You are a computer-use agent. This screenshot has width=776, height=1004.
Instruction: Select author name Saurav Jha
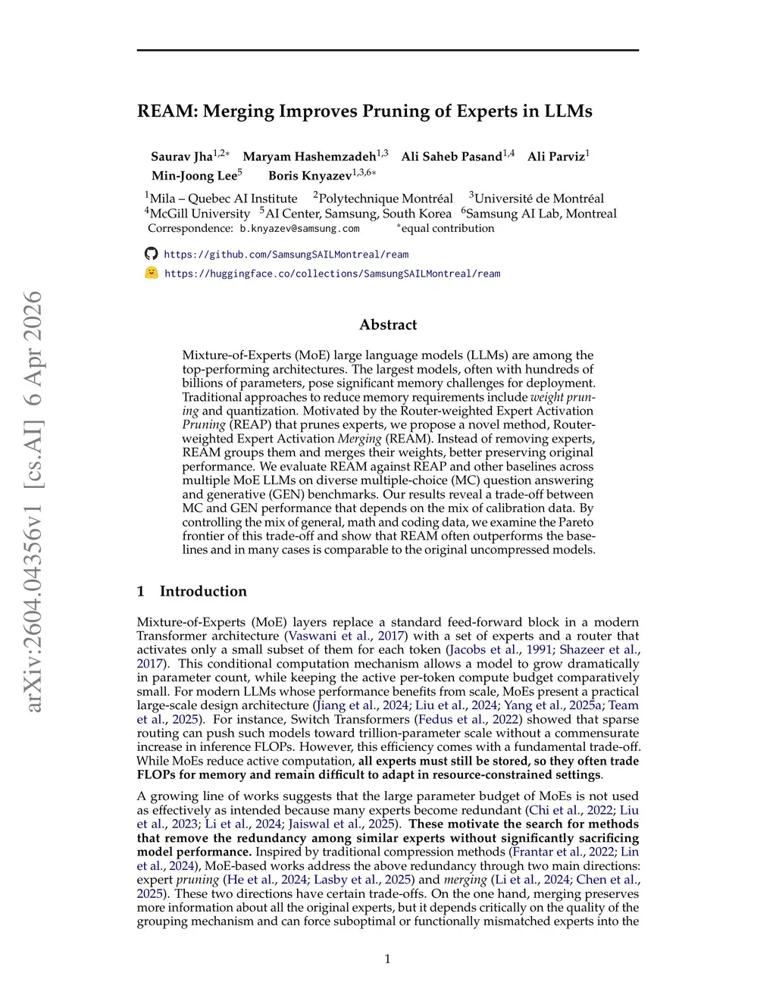(182, 157)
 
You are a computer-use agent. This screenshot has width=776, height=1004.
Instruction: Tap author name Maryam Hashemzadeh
(309, 157)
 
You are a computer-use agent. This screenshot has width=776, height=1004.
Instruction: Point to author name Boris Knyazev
(310, 176)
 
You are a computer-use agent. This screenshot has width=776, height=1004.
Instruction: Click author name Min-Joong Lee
(194, 176)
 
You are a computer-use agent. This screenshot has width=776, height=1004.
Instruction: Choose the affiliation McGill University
(199, 214)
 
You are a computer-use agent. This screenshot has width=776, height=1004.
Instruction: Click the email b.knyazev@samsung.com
(299, 229)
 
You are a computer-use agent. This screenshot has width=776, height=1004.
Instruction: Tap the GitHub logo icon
(152, 254)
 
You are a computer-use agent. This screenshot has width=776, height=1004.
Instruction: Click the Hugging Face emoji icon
(152, 273)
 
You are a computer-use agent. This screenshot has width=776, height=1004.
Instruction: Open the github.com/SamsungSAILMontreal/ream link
(286, 255)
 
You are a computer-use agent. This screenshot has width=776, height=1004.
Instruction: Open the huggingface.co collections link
(332, 274)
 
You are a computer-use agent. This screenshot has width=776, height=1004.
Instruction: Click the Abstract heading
(388, 325)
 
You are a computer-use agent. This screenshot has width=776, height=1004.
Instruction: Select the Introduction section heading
(202, 592)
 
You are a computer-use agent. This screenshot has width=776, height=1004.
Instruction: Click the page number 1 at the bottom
(388, 959)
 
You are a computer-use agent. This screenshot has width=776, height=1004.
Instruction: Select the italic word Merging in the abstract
(359, 439)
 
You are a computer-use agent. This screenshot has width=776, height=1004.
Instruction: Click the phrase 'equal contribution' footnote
(447, 229)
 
